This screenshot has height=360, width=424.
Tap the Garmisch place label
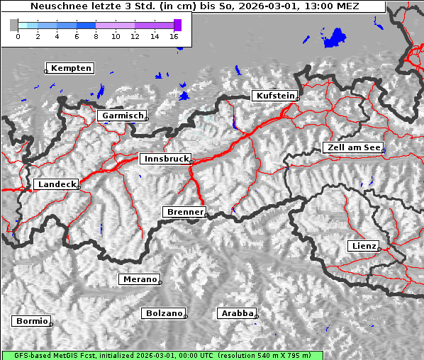[123, 116]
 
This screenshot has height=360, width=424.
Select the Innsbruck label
[164, 159]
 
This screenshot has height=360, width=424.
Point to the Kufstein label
[274, 96]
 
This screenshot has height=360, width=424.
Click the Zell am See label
[352, 148]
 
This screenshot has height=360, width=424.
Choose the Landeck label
[56, 184]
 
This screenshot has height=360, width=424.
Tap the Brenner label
[184, 212]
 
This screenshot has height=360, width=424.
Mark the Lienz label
[363, 246]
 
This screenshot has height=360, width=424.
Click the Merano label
[139, 279]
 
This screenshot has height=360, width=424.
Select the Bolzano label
[164, 313]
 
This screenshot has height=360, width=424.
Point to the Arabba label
[236, 313]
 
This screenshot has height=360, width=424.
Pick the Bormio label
[32, 321]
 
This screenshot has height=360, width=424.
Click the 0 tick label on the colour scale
[18, 36]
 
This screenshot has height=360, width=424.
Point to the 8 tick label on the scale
[96, 36]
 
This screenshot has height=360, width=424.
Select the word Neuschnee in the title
[59, 6]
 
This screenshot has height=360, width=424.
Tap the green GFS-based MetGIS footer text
[162, 355]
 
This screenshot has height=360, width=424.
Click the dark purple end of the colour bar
[177, 25]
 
